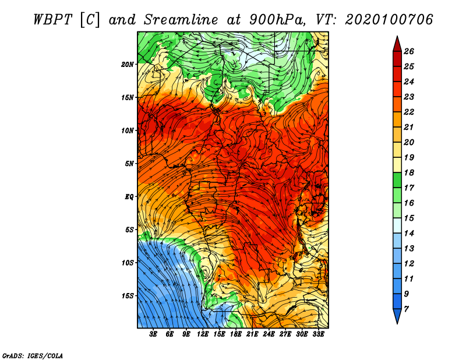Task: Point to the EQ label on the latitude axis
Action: tap(129, 196)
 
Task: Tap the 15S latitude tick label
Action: tap(128, 295)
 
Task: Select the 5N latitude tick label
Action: tap(129, 163)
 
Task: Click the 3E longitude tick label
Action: tap(154, 334)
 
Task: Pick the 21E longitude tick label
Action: tap(252, 334)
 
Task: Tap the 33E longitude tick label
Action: tap(319, 334)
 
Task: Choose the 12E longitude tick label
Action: tap(203, 334)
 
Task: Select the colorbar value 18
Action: tap(408, 172)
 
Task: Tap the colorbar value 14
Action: tap(408, 233)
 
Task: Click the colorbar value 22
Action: tap(408, 112)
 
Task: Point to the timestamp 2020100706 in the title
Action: tap(389, 19)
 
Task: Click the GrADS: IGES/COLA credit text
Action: tap(32, 355)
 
